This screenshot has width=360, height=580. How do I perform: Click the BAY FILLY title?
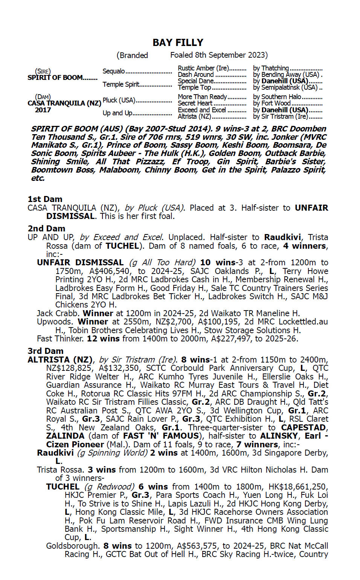click(178, 43)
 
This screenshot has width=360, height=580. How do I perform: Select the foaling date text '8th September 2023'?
click(231, 55)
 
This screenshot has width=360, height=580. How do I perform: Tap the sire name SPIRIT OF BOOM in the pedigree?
click(55, 78)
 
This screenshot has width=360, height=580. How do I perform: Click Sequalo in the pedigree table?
click(114, 71)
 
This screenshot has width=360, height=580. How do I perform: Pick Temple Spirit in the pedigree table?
click(121, 84)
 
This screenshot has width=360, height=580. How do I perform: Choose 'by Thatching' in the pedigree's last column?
click(271, 68)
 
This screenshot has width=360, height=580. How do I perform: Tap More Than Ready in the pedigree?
click(202, 97)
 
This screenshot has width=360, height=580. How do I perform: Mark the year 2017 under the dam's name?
click(43, 110)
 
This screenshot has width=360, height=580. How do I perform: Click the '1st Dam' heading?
click(45, 199)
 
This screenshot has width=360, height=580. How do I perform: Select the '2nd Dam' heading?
click(46, 228)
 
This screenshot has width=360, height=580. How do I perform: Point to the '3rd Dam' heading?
click(46, 351)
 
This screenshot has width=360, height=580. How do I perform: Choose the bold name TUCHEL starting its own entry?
click(63, 487)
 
